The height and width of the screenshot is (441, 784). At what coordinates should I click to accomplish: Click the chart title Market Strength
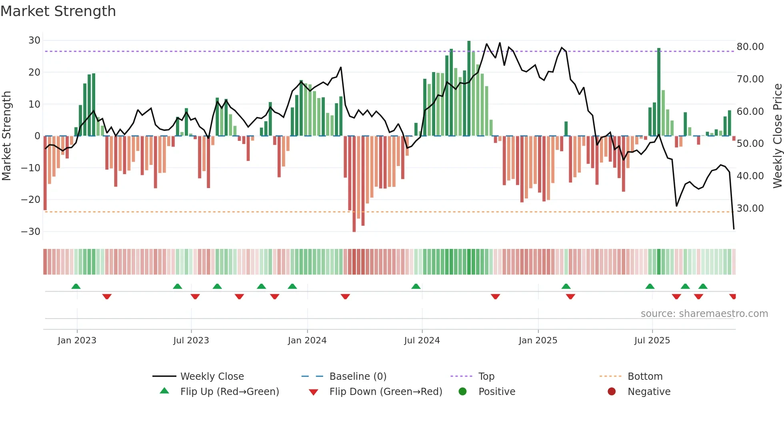58,11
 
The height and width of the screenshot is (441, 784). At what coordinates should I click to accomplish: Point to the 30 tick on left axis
34,40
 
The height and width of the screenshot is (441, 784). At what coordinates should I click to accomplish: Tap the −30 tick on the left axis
31,232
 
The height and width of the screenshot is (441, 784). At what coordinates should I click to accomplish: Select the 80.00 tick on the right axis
750,47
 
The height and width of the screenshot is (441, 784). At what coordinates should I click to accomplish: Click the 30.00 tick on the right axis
750,208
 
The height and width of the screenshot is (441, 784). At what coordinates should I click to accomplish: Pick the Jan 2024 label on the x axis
307,341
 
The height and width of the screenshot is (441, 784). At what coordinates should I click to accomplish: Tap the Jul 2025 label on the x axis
652,341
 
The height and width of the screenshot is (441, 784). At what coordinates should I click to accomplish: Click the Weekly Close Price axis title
777,136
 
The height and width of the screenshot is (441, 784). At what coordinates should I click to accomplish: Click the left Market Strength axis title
6,136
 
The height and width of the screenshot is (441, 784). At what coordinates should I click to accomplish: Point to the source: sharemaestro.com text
704,314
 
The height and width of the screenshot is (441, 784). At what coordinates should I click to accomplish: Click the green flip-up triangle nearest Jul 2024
416,287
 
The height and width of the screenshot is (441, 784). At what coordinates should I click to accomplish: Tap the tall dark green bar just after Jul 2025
658,92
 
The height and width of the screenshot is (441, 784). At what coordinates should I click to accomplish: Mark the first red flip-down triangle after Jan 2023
107,297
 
